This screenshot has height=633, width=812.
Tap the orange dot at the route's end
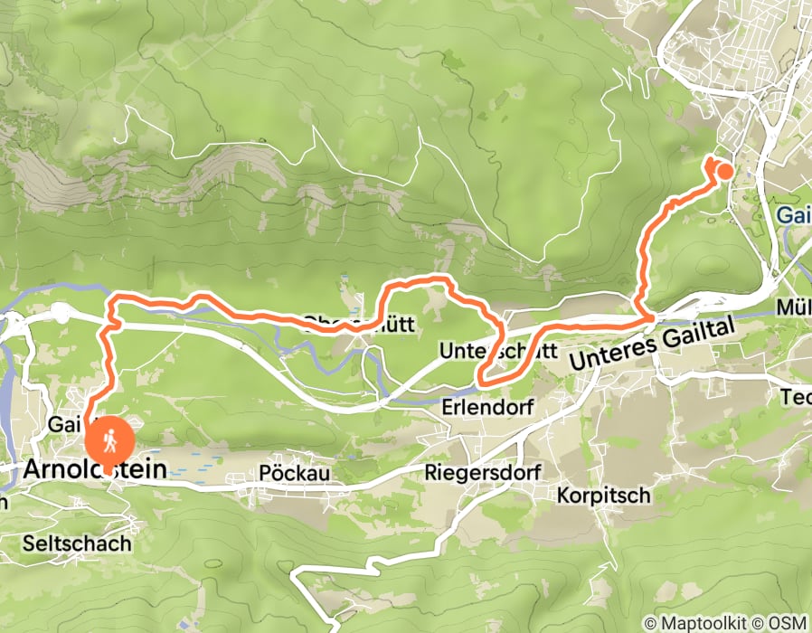point(724,170)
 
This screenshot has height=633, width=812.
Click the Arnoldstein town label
point(96,469)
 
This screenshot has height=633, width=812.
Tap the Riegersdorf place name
point(482,472)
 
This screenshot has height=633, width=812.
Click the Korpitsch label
point(603,496)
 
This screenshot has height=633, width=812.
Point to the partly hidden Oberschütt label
point(348,322)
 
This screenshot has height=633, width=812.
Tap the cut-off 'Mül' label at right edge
point(795,307)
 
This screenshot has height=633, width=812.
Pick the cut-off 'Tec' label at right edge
point(796,396)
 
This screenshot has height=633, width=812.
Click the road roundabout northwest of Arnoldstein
point(61,312)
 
